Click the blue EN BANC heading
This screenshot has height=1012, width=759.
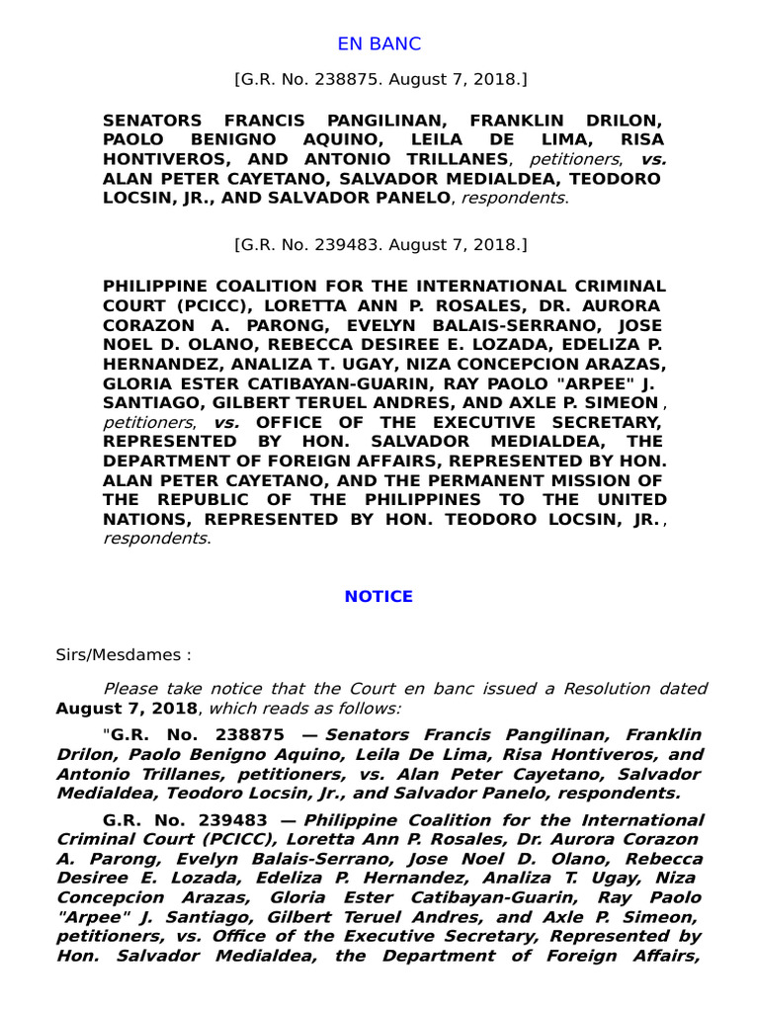[379, 43]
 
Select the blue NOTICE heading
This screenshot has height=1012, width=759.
[379, 597]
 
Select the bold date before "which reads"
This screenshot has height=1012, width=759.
[127, 708]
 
